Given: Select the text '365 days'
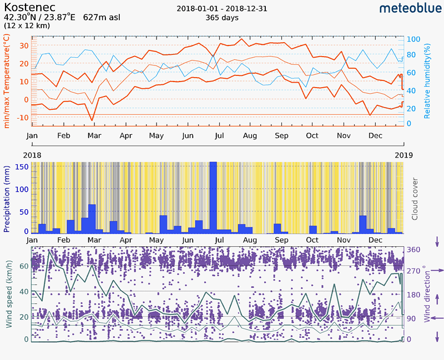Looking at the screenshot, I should [x=221, y=18].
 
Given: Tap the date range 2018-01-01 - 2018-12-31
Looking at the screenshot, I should [x=221, y=9].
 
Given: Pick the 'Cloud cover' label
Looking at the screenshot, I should [x=415, y=199].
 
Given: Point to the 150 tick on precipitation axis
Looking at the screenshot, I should [x=22, y=166].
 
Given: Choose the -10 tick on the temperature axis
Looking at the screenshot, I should [x=20, y=118].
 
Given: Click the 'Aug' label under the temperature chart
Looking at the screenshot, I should [x=250, y=136].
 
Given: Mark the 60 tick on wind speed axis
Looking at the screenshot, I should [x=23, y=266].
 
